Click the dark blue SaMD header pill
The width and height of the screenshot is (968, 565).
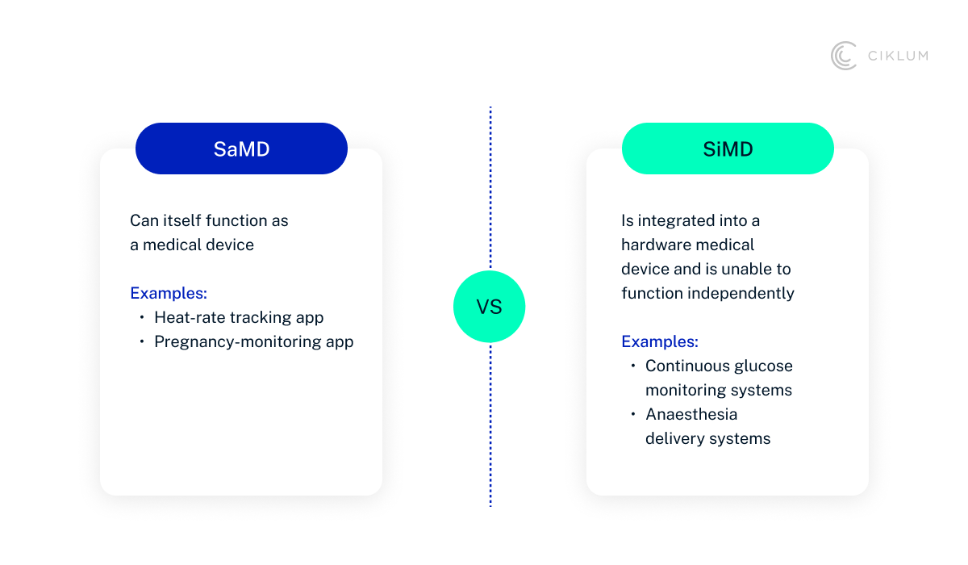(x=241, y=149)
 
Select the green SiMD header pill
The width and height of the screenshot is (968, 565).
(x=727, y=149)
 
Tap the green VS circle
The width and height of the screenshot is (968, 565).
(x=489, y=307)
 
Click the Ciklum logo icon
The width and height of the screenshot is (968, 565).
(x=844, y=56)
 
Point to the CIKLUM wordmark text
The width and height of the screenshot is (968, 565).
(x=897, y=56)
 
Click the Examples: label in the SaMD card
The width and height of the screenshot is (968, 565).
(x=169, y=293)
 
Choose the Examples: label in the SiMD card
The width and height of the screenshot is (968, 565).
(x=660, y=341)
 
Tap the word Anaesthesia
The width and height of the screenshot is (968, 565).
(x=691, y=414)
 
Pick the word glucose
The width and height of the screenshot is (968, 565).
(x=763, y=366)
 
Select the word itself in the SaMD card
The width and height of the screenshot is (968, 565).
(x=180, y=220)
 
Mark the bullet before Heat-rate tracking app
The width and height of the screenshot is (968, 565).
(x=142, y=317)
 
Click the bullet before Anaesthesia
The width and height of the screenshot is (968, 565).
(x=633, y=414)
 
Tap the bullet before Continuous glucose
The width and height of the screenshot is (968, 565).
(x=633, y=366)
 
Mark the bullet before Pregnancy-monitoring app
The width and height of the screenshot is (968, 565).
(x=142, y=341)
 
